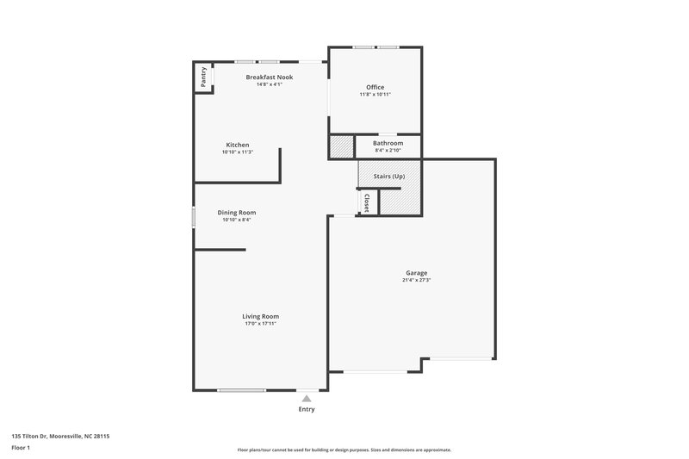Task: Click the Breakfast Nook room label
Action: click(269, 78)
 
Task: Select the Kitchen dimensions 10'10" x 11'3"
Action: click(238, 152)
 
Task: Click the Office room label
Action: click(375, 87)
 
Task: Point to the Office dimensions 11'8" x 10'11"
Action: click(375, 95)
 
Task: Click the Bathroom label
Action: click(388, 143)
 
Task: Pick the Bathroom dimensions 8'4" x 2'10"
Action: click(388, 151)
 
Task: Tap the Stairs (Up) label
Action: click(388, 177)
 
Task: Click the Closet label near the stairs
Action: click(367, 202)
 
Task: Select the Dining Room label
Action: click(236, 212)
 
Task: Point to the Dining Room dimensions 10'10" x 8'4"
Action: click(236, 220)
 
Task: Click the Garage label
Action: click(416, 273)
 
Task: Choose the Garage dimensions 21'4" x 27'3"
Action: click(416, 281)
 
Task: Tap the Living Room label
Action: click(260, 316)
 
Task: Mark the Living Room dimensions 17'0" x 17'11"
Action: click(260, 324)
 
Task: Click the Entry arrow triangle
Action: click(307, 398)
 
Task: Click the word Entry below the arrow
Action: click(307, 409)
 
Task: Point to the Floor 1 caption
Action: click(21, 449)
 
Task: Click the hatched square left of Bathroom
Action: click(341, 147)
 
